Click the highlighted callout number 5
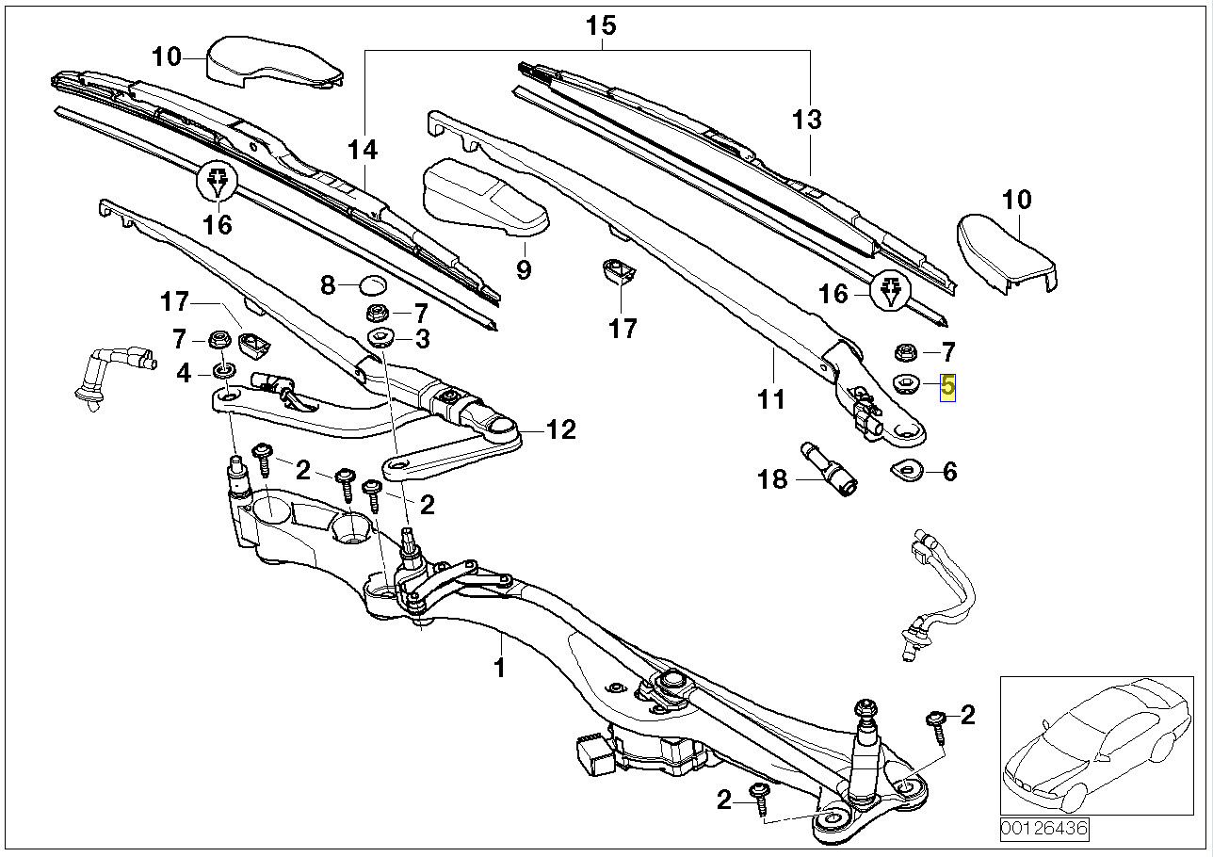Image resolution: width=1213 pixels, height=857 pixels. (x=947, y=386)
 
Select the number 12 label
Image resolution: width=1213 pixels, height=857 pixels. (x=560, y=430)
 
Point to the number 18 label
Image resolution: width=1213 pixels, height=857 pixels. (x=771, y=479)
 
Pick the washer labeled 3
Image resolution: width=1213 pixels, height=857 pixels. (x=381, y=338)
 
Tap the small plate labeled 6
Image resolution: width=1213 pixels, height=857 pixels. (x=908, y=468)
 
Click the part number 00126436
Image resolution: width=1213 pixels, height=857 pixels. (x=1044, y=830)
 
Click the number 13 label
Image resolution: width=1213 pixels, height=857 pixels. (x=806, y=120)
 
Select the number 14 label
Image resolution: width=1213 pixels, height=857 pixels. (x=362, y=150)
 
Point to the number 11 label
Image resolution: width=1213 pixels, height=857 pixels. (x=770, y=400)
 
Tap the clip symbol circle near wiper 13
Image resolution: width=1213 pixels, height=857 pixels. (x=890, y=292)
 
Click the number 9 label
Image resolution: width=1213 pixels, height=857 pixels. (x=523, y=270)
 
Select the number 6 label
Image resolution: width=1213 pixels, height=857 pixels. (x=949, y=471)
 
